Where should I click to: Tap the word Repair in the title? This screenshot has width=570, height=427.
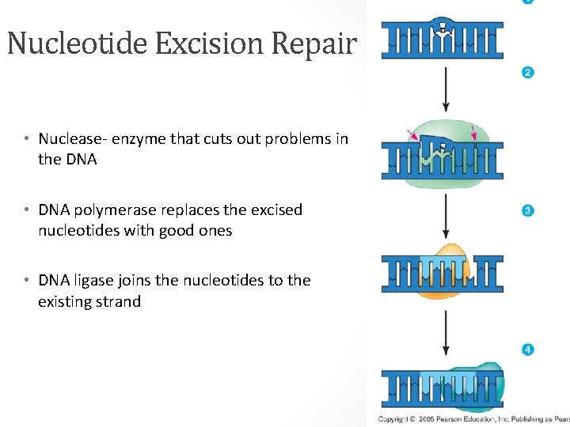[x=314, y=43]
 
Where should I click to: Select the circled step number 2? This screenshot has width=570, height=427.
[x=528, y=73]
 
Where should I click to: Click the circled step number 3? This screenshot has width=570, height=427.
[x=528, y=210]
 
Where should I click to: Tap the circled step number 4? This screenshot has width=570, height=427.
[x=528, y=349]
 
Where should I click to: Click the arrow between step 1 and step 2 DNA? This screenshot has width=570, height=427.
[x=446, y=89]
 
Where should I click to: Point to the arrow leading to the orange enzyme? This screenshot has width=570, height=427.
[x=446, y=216]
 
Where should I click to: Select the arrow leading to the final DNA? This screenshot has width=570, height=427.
[x=446, y=333]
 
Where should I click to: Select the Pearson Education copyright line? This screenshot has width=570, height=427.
[x=473, y=418]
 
